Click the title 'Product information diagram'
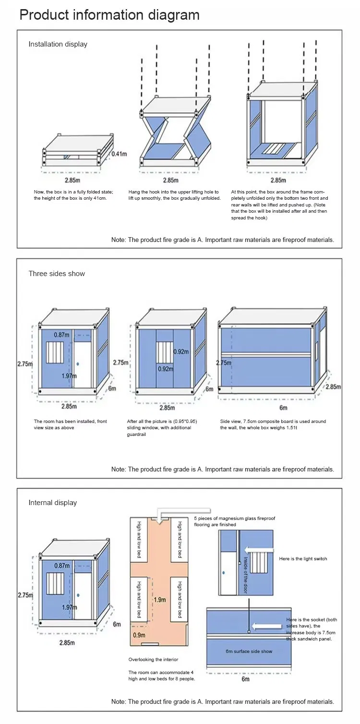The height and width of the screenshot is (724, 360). [x=109, y=15]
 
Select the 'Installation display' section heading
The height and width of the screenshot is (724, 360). [x=58, y=44]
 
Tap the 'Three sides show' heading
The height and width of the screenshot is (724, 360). [x=57, y=274]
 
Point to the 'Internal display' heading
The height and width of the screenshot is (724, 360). [x=52, y=503]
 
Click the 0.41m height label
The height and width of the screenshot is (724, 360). [x=119, y=154]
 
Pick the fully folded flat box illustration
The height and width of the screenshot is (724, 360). [x=77, y=150]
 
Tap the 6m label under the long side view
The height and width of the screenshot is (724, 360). [x=283, y=408]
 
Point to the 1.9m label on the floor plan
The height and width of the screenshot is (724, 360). [x=160, y=600]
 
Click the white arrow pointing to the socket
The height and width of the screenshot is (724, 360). [x=267, y=626]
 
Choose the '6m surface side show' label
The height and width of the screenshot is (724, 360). [x=249, y=652]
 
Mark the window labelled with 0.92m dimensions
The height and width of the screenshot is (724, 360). [x=164, y=353]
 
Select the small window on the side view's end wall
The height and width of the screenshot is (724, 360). [x=317, y=347]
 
